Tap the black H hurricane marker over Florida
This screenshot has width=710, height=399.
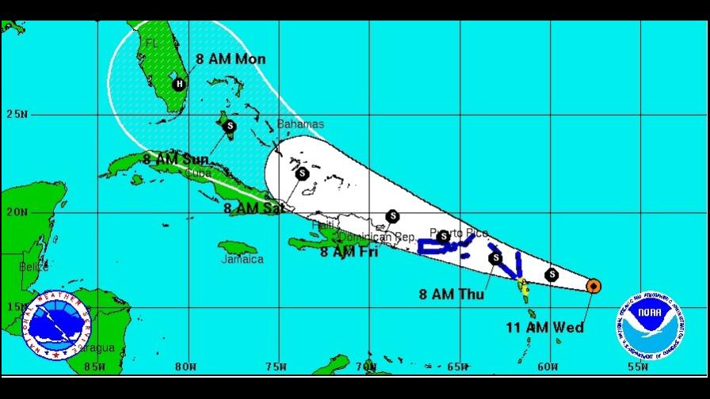179,84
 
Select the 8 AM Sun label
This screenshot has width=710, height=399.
176,159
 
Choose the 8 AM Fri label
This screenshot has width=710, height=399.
349,252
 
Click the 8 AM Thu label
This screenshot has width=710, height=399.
452,294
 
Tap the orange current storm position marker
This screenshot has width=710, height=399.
593,285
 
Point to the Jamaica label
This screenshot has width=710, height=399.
242,259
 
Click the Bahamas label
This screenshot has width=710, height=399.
300,124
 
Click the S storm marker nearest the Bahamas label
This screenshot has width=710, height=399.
230,125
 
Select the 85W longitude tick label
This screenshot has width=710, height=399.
94,367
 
